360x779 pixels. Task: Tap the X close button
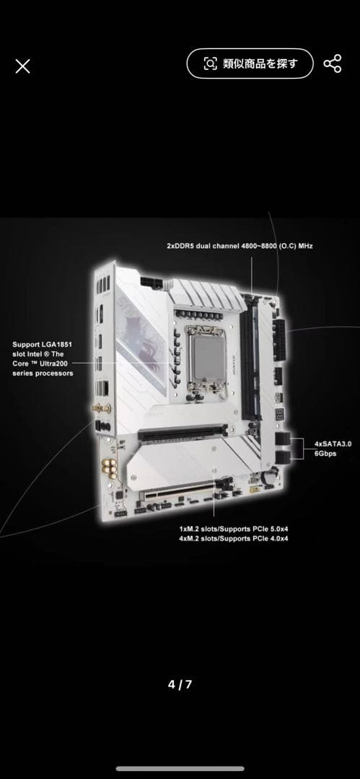click(22, 66)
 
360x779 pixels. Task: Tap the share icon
click(332, 64)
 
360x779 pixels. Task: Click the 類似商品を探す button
click(250, 63)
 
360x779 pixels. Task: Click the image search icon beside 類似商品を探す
click(211, 63)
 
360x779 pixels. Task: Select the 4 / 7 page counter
click(180, 685)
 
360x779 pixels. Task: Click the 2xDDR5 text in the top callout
click(180, 245)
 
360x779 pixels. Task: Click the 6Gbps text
click(325, 454)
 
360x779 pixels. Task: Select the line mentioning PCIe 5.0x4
click(234, 529)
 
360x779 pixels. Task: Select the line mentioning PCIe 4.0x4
click(234, 539)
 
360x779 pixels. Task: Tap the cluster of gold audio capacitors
click(110, 468)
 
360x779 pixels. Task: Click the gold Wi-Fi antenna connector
click(101, 408)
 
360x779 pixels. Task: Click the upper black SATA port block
click(282, 439)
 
